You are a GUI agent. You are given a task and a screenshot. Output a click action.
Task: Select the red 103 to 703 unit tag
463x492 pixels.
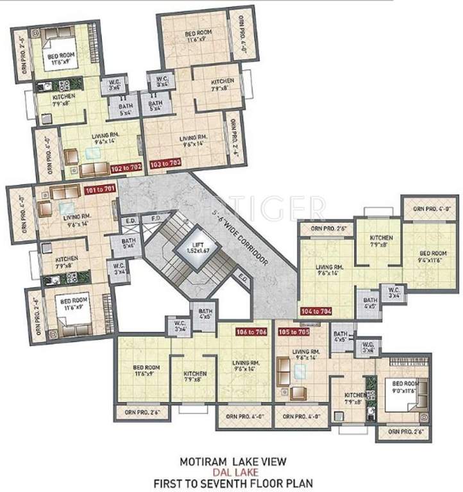coord(164,163)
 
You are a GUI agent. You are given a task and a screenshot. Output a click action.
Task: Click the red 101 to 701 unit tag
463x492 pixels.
coord(97,190)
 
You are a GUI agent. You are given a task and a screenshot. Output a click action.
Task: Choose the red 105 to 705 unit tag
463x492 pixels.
coord(294,332)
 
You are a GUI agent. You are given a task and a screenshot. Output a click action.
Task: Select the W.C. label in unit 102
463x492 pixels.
coord(115,85)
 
